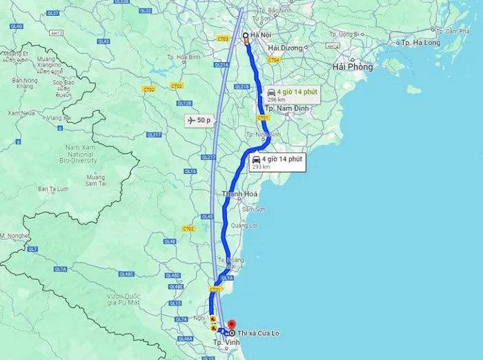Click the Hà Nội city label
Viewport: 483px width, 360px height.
pos(261,34)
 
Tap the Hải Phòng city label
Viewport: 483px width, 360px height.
pos(352,67)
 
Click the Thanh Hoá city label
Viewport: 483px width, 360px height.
pos(240,194)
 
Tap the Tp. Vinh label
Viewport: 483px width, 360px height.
pos(222,343)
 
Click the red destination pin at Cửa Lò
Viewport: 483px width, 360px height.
pos(231,323)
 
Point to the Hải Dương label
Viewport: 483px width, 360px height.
pos(286,48)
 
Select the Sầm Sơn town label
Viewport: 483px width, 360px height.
pos(254,209)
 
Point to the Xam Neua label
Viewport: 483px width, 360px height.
pos(21,112)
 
